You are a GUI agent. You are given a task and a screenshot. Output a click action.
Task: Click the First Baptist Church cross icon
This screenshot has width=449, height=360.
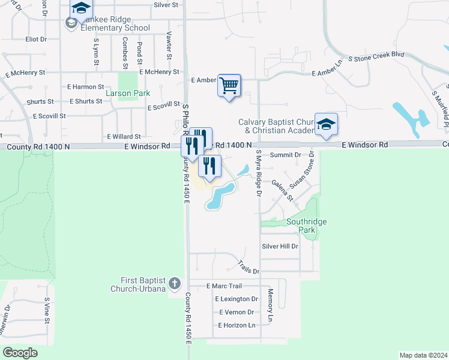174,283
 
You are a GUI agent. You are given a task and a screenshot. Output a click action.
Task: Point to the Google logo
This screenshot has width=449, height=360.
20,353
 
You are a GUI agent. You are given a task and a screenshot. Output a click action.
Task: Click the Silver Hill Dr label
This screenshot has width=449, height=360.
280,246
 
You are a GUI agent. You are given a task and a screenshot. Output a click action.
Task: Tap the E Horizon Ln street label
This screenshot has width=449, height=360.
235,325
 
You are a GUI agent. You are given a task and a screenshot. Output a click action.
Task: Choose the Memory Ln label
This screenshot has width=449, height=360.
271,304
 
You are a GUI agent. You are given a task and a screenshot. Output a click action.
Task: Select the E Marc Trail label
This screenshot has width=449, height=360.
223,286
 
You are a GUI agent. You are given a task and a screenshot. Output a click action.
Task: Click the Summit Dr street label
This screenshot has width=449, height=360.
285,155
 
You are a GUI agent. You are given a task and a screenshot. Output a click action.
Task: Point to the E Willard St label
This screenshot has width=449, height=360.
124,137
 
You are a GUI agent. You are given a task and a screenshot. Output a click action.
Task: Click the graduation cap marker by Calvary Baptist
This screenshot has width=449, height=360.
326,125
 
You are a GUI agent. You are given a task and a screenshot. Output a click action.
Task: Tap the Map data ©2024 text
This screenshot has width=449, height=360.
423,355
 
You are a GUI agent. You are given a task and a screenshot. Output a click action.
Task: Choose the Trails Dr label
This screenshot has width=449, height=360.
248,267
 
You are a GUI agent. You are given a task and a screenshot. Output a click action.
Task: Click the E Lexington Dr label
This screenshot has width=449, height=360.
236,299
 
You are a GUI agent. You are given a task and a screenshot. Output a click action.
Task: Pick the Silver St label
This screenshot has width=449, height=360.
166,5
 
